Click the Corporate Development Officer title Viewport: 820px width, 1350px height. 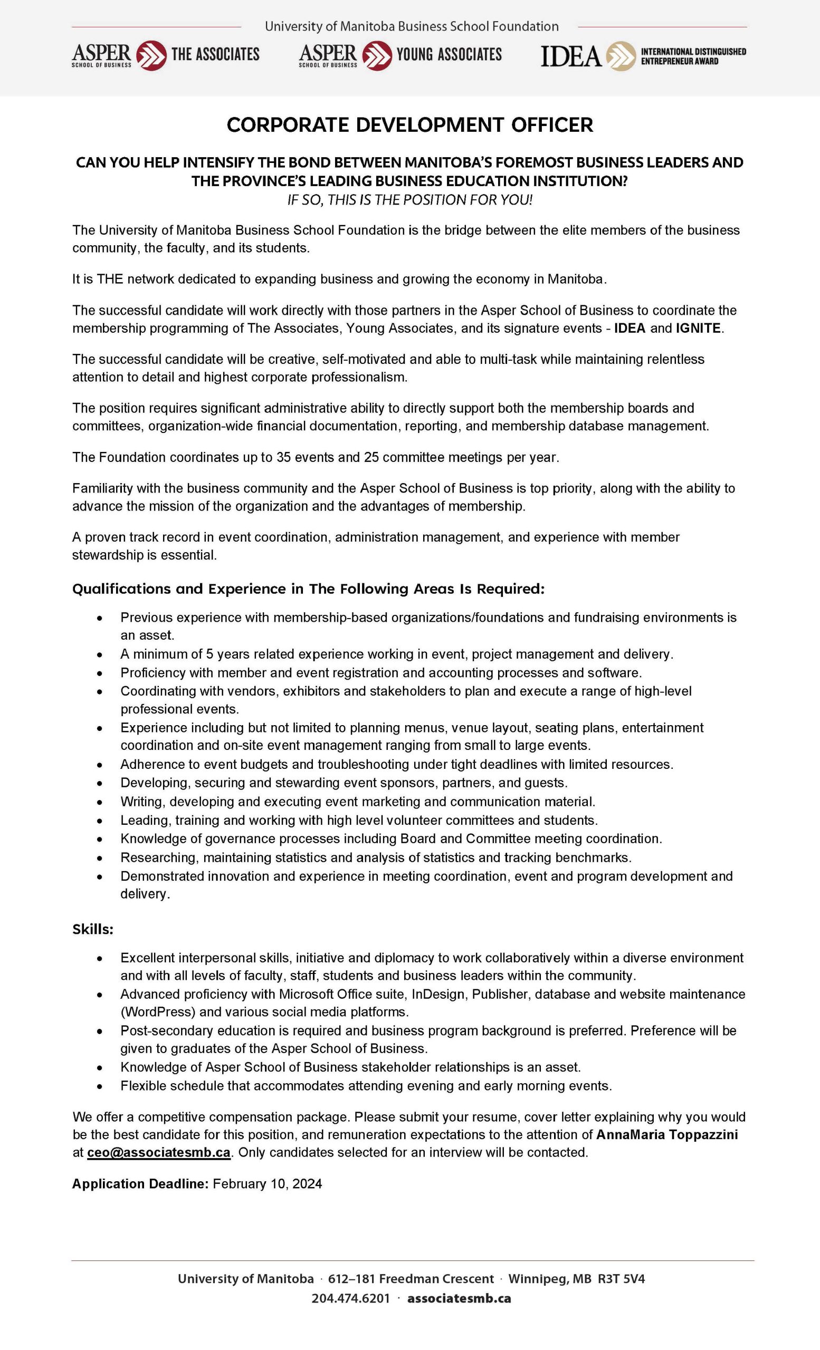point(409,125)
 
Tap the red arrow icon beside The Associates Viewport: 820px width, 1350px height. point(151,55)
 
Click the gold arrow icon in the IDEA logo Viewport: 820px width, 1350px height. point(621,56)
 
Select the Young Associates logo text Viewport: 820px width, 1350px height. point(449,54)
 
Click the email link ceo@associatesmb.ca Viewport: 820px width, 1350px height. point(158,1152)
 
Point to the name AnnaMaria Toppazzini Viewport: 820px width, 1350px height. point(666,1134)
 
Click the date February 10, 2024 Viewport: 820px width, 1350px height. point(267,1183)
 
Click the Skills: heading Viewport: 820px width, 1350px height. point(93,929)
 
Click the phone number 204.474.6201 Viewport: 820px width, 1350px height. point(351,1298)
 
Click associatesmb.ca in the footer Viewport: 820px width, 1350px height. point(459,1298)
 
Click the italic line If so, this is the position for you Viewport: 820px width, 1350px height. point(409,200)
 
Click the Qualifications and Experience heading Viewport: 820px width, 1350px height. point(308,589)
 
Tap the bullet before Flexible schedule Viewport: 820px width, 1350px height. point(99,1085)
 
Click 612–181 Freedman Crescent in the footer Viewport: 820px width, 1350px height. point(411,1279)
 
